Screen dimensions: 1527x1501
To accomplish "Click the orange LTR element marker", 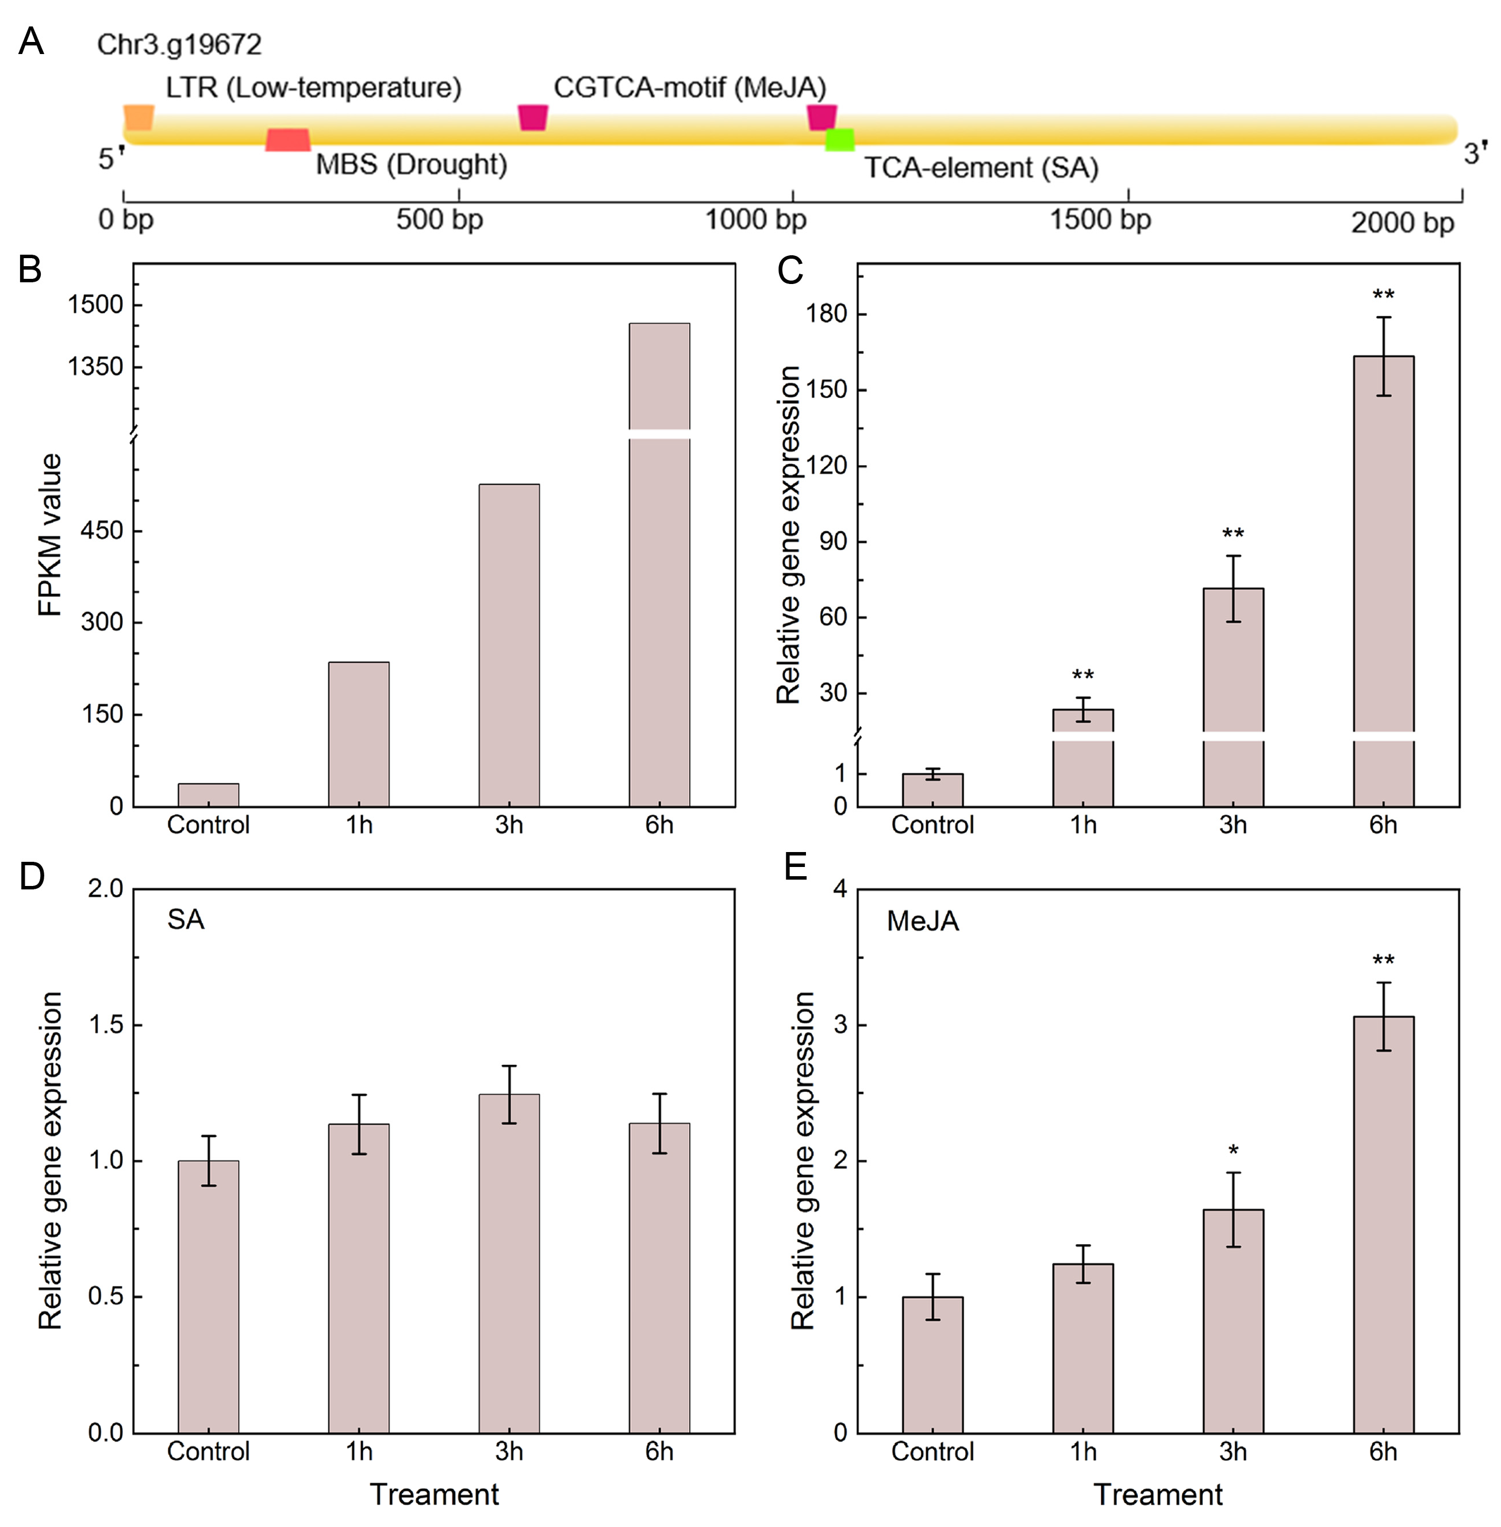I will tap(139, 117).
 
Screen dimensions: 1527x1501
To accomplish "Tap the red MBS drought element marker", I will tap(288, 140).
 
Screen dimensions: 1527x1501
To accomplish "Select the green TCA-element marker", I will tap(839, 140).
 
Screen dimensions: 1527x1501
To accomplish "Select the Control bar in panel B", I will tap(208, 795).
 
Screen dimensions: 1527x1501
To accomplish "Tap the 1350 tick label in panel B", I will tap(95, 367).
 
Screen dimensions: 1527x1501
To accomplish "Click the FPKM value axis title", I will tap(49, 535).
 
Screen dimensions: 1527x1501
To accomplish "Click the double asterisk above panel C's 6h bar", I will tap(1384, 296).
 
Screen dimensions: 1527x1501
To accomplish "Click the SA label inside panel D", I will tap(186, 919).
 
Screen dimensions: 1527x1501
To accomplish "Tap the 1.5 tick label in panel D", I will tap(106, 1025).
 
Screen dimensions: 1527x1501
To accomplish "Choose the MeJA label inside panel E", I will tap(922, 921).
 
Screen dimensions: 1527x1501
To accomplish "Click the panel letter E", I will tap(796, 867).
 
